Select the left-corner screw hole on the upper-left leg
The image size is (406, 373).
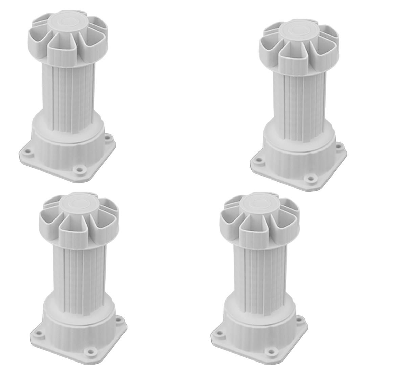click(x=27, y=151)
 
